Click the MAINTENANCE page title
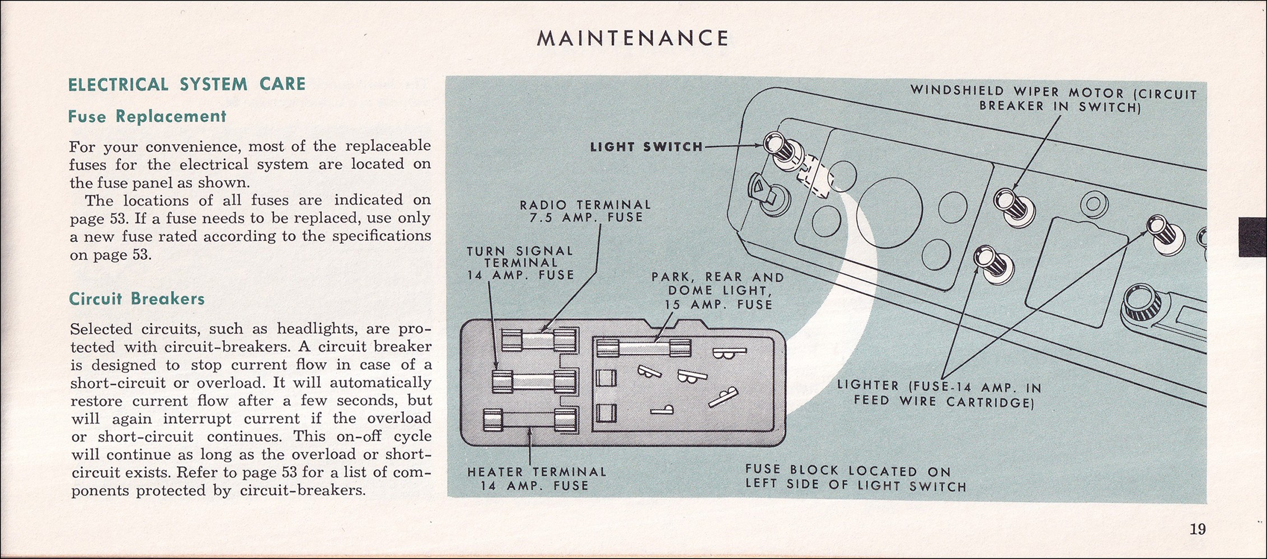632,38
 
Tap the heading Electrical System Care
186,84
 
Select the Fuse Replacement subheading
147,116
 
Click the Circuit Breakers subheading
137,299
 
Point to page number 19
1198,529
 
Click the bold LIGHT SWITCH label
646,147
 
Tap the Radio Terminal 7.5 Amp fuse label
585,211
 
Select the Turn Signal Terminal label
520,263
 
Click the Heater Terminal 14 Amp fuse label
536,479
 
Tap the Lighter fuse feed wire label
939,394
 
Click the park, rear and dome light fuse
644,348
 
